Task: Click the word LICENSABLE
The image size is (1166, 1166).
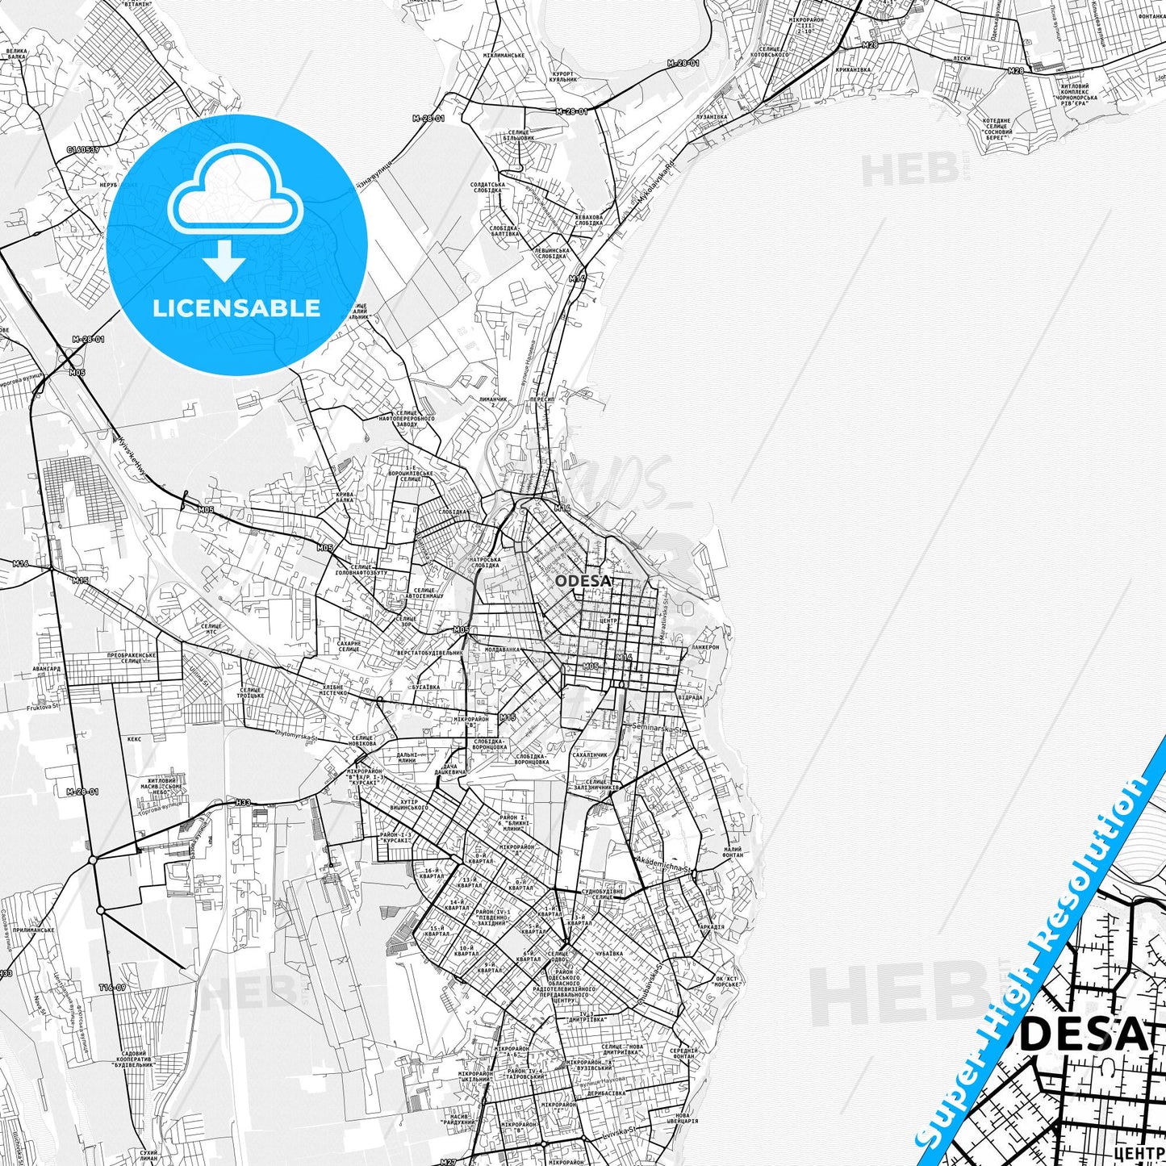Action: pyautogui.click(x=236, y=308)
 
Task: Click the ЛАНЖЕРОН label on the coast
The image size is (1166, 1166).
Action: pyautogui.click(x=704, y=647)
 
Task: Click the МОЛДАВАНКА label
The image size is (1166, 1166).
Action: pyautogui.click(x=503, y=649)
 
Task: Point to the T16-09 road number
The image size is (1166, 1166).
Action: pyautogui.click(x=112, y=988)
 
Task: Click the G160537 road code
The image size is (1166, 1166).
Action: pyautogui.click(x=82, y=149)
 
